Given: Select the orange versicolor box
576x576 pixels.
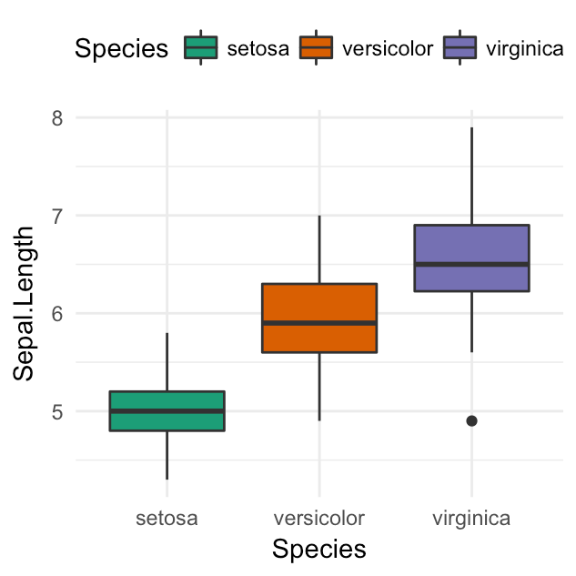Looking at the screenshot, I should pyautogui.click(x=318, y=305).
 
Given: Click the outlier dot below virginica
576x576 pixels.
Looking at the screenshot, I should pyautogui.click(x=471, y=420).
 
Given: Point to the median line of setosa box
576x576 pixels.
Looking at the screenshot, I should pyautogui.click(x=167, y=410).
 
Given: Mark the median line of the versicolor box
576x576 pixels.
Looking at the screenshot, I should pyautogui.click(x=318, y=323).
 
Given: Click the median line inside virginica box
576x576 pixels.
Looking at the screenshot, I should pyautogui.click(x=471, y=264).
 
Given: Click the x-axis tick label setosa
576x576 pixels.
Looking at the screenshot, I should pyautogui.click(x=167, y=519).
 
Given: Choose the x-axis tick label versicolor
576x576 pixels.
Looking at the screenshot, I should pyautogui.click(x=318, y=519).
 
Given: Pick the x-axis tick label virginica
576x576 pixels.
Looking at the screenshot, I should pyautogui.click(x=471, y=519).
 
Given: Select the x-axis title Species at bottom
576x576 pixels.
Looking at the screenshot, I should pyautogui.click(x=318, y=550).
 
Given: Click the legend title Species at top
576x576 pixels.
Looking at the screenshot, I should pyautogui.click(x=121, y=48).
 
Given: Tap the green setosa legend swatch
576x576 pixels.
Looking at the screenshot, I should pyautogui.click(x=200, y=48).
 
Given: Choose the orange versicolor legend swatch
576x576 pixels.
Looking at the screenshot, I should pyautogui.click(x=318, y=48).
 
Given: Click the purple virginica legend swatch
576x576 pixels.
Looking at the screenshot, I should pyautogui.click(x=460, y=48).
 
